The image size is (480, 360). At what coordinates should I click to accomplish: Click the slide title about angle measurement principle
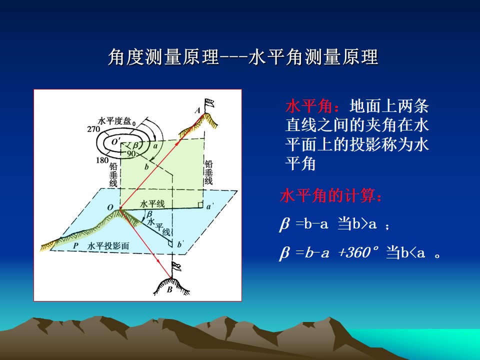pos(243,57)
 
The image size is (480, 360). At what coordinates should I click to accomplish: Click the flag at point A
pos(209,103)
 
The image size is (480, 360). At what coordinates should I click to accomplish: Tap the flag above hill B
pos(176,267)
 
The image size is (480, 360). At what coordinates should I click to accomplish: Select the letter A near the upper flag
pos(198,110)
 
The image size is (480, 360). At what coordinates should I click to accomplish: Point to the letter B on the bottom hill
pos(169,289)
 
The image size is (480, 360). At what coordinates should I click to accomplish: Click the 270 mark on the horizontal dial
pos(93,129)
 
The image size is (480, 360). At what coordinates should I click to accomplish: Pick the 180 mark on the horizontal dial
pos(102,160)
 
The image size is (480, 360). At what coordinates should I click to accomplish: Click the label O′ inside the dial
pos(115,141)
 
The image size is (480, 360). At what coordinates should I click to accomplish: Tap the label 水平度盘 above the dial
pos(114,121)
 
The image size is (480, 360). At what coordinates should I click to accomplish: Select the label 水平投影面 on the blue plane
pos(108,246)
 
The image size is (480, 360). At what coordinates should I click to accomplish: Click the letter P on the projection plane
pos(76,245)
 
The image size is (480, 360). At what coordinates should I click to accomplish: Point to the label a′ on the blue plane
pos(209,207)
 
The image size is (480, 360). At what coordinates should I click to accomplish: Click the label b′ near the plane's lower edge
pos(180,244)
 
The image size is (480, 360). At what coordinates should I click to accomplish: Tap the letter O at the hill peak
pos(110,207)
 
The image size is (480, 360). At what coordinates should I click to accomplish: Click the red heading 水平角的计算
pos(331,195)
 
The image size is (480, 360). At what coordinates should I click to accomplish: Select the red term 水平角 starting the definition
pos(309,106)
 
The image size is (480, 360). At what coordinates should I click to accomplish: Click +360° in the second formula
pos(358,253)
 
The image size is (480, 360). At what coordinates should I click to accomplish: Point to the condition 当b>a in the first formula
pos(357,224)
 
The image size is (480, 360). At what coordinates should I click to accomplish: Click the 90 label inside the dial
pos(131,153)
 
